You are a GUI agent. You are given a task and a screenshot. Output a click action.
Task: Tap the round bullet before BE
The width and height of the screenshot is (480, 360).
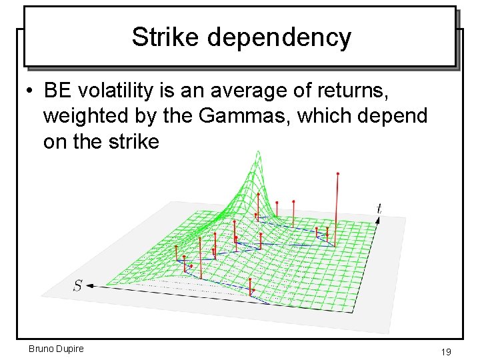coord(31,90)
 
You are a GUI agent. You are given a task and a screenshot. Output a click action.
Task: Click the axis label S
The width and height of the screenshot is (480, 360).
coord(78,285)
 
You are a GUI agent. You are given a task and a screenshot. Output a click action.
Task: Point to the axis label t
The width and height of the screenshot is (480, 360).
coord(379,209)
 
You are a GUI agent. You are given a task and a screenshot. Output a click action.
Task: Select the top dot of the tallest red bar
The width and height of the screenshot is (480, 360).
coord(338,173)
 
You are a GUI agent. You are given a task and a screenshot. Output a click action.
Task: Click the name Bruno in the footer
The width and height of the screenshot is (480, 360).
coord(42,349)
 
